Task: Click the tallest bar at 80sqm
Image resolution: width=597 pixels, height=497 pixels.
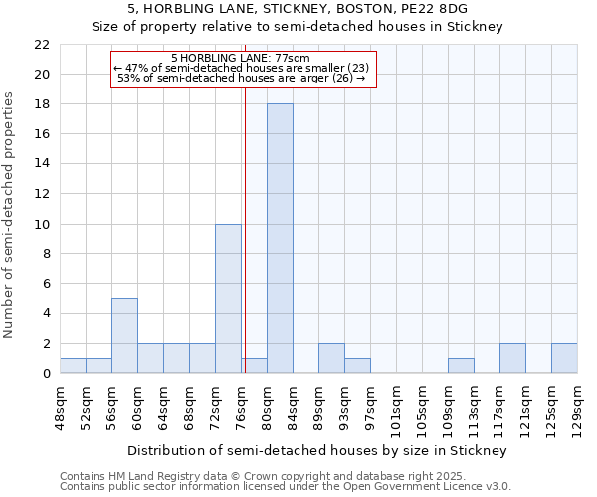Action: coord(280,239)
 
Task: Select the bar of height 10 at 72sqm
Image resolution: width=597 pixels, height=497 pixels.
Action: coord(228,298)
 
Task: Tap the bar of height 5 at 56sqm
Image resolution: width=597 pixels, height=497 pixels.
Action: coord(124,335)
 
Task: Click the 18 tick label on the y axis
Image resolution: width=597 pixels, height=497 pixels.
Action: coord(42,104)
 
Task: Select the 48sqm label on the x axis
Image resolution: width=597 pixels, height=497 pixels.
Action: coord(60,409)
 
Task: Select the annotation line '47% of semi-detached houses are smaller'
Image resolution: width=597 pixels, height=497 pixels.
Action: coord(241,68)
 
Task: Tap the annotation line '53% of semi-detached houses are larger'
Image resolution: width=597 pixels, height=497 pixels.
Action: coord(241,78)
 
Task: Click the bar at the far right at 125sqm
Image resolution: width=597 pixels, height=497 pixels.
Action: coord(564,358)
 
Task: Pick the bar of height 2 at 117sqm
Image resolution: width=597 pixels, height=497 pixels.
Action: coord(512,358)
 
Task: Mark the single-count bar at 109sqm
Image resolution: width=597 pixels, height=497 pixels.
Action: coord(461,366)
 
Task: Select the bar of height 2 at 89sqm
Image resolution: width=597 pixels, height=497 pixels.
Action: coord(331,358)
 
